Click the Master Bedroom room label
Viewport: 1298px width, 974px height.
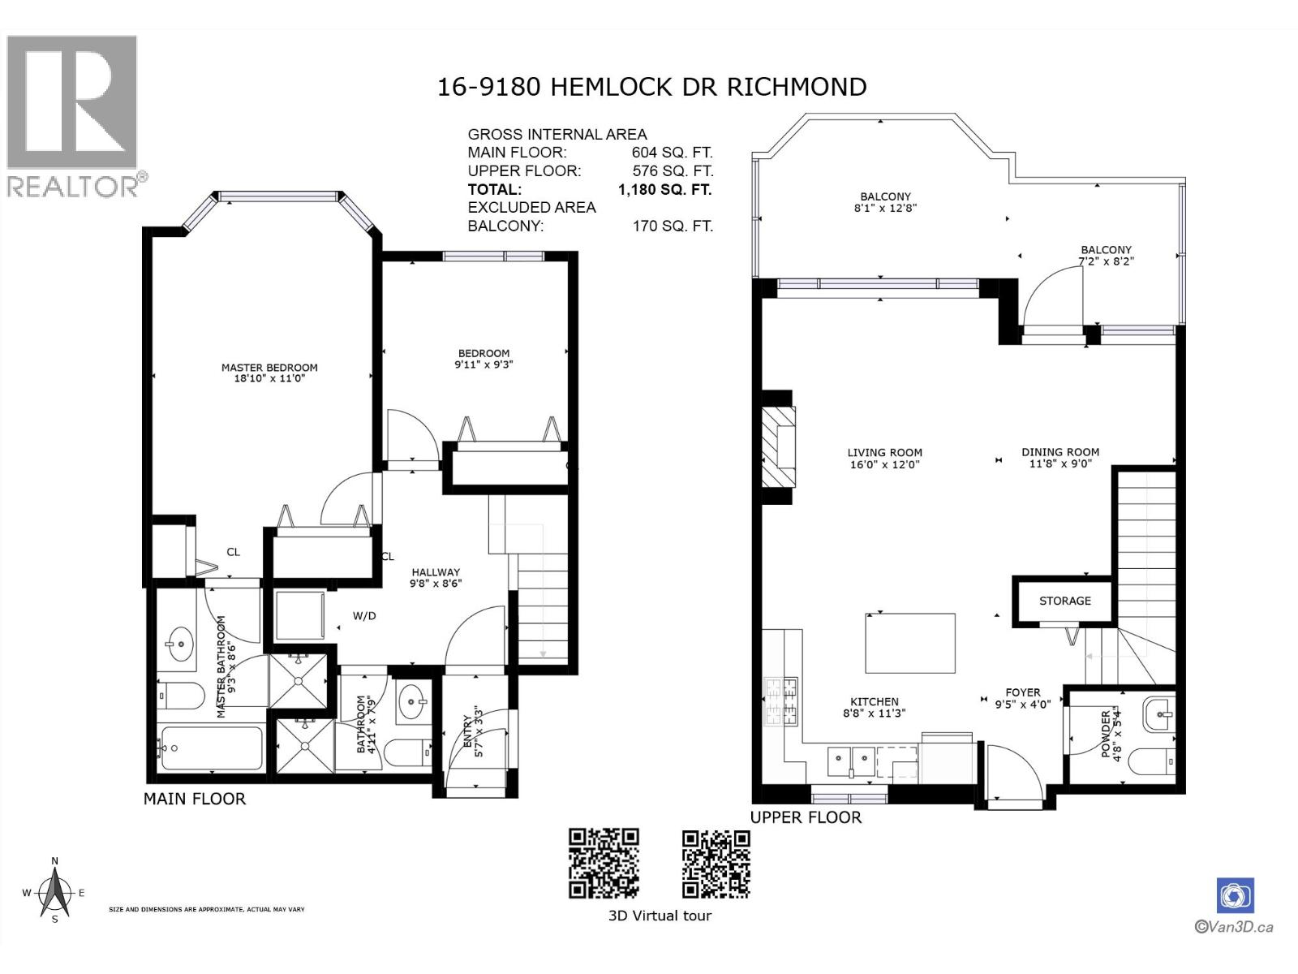click(269, 367)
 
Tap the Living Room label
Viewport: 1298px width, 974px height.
click(884, 452)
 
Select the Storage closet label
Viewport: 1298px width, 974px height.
click(1065, 601)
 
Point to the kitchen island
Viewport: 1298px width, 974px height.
click(910, 643)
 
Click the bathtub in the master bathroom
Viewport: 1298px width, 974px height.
click(212, 748)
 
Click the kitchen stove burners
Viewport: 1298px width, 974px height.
click(781, 702)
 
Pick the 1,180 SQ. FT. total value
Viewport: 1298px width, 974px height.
click(664, 189)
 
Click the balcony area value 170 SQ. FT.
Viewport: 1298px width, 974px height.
click(673, 226)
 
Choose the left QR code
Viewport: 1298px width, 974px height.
click(604, 864)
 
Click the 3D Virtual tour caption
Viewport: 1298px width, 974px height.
click(660, 916)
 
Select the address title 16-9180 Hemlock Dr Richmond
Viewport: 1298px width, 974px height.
click(651, 87)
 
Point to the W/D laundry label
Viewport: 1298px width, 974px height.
click(364, 615)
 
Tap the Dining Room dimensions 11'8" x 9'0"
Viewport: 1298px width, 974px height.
click(1060, 464)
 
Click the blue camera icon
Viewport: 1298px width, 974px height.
click(1236, 895)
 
